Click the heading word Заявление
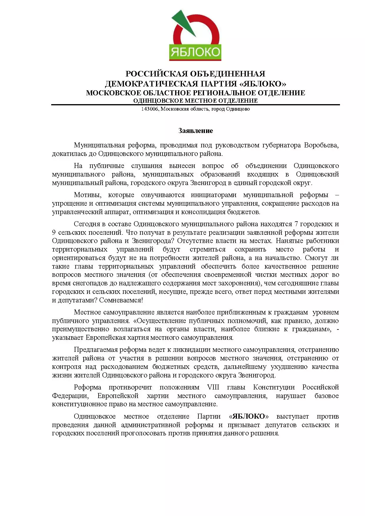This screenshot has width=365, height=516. click(x=195, y=131)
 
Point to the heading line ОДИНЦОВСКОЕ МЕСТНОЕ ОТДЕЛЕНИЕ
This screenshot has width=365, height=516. click(x=195, y=101)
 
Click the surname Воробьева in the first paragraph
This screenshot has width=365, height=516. click(x=321, y=145)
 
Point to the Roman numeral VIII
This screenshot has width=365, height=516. click(x=213, y=387)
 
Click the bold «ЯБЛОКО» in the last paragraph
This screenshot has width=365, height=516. click(x=249, y=417)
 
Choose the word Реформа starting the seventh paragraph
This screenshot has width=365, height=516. click(x=87, y=387)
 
